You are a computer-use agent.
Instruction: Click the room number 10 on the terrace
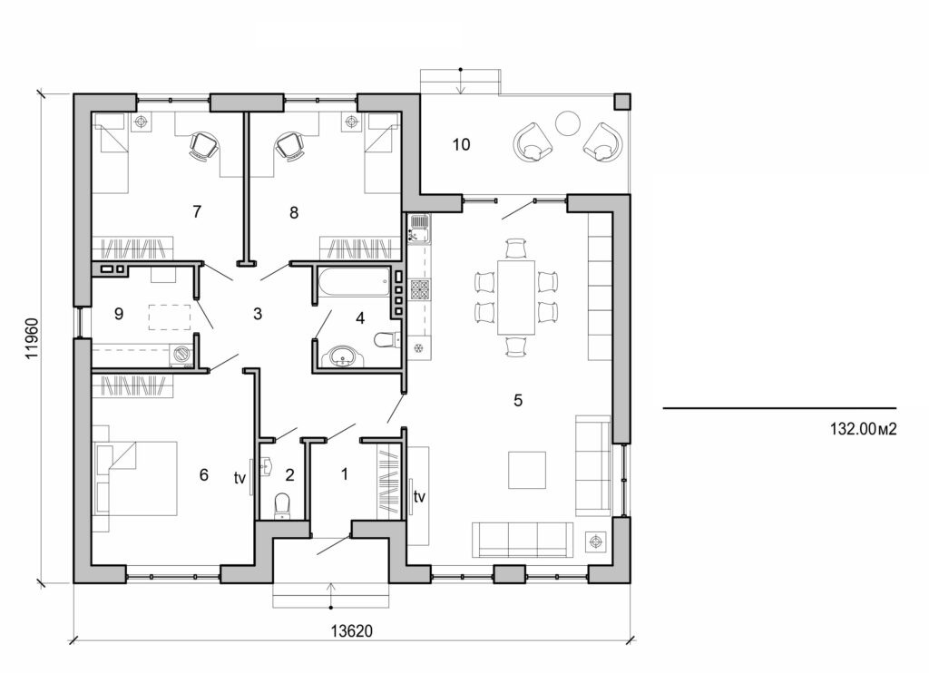coord(461,145)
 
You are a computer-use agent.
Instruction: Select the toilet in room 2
coord(281,503)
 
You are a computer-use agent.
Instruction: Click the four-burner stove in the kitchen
coord(421,289)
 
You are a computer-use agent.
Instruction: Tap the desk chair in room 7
coord(204,144)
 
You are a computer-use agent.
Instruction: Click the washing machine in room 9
coord(184,355)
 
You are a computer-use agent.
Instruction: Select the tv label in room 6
coord(241,477)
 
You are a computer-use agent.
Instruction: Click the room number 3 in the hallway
coord(258,315)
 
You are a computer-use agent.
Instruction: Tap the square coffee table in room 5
coord(526,470)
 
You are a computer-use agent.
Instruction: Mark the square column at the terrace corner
coord(622,101)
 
